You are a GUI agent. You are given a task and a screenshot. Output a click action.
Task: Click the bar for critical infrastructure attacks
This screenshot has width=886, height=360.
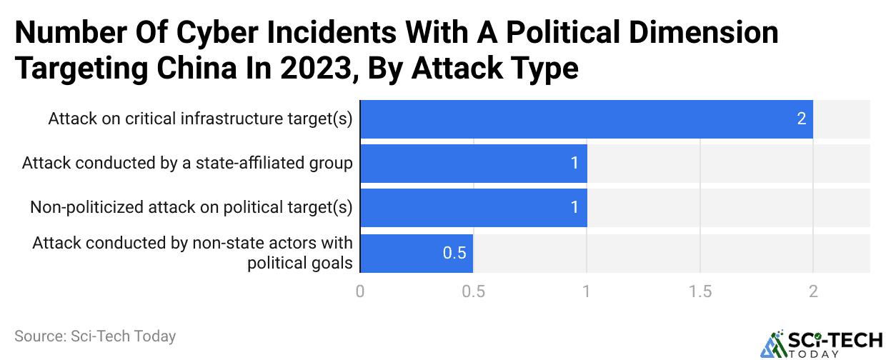click(586, 119)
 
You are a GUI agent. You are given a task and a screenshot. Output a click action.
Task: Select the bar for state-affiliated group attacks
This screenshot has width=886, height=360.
click(473, 164)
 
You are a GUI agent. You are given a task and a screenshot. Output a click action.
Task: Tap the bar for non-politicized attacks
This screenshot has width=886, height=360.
click(473, 208)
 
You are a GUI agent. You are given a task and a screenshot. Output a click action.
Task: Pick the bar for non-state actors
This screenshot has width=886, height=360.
click(417, 253)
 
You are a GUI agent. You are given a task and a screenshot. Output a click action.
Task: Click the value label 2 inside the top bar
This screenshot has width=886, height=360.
click(802, 119)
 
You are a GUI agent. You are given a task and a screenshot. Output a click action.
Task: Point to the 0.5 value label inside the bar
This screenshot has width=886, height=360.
click(454, 254)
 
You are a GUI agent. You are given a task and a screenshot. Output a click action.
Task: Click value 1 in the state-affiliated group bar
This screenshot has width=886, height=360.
click(574, 164)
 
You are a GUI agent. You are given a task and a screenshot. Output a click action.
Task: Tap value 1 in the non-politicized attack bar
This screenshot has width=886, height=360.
click(574, 208)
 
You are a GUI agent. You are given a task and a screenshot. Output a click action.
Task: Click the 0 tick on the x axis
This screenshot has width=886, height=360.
click(360, 291)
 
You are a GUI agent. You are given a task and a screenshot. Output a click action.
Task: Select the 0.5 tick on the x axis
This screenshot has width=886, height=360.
click(473, 291)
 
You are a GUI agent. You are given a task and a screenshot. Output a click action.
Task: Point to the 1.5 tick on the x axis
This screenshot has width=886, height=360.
click(700, 291)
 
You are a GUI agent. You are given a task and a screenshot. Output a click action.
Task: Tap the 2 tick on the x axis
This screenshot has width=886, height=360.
click(812, 291)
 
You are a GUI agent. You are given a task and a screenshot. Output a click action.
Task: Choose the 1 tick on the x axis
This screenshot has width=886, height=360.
click(587, 291)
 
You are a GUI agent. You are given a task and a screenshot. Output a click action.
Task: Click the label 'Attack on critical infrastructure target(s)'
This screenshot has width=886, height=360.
click(200, 119)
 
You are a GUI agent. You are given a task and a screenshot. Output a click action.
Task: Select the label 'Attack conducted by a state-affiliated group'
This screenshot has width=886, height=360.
click(187, 164)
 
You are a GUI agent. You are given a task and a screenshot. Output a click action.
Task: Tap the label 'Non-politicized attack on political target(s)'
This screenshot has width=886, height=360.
click(191, 208)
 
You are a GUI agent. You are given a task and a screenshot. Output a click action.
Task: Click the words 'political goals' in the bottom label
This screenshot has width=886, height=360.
click(300, 263)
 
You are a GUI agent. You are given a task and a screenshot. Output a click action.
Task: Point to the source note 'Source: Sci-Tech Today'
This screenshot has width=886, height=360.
click(94, 336)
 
